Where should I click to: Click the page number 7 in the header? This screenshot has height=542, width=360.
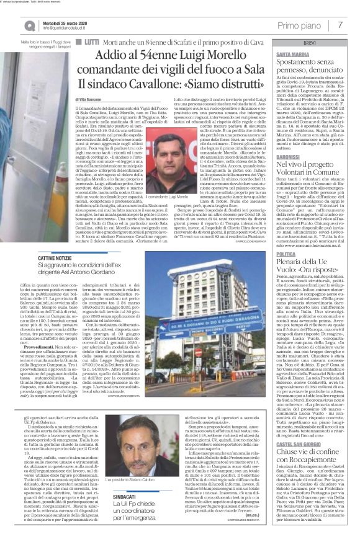341,24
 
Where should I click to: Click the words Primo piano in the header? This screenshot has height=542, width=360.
306,24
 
